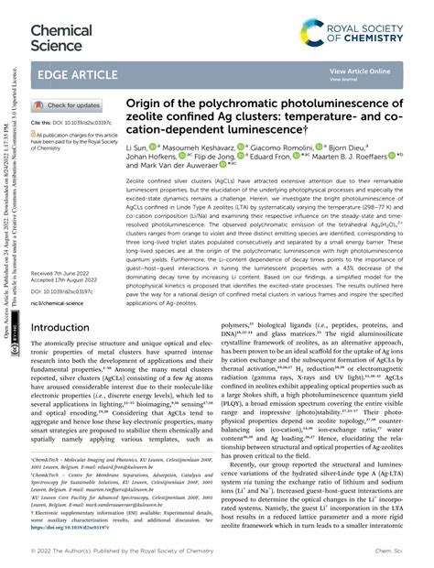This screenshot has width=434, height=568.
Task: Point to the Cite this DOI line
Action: pyautogui.click(x=77, y=121)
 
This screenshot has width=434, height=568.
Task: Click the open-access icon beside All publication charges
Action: pyautogui.click(x=36, y=134)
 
